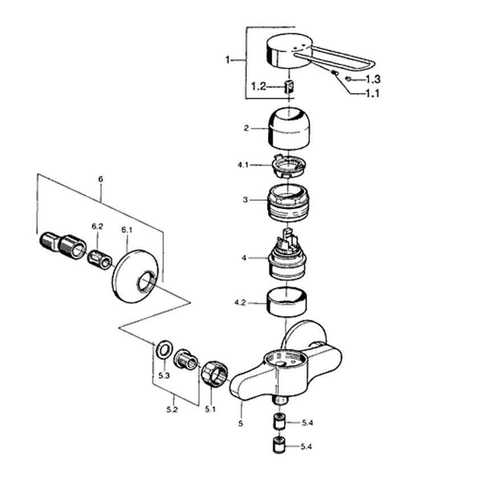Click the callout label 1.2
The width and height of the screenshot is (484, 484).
click(x=258, y=86)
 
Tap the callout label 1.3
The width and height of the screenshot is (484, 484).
click(x=373, y=78)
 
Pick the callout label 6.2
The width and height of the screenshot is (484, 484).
click(x=97, y=226)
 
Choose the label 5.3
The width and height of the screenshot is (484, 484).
click(x=164, y=375)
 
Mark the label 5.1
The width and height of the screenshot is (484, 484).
click(x=211, y=408)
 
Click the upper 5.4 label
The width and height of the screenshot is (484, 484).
click(x=307, y=423)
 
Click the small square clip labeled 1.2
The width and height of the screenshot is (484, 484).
click(x=288, y=86)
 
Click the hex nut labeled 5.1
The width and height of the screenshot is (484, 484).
click(x=214, y=373)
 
